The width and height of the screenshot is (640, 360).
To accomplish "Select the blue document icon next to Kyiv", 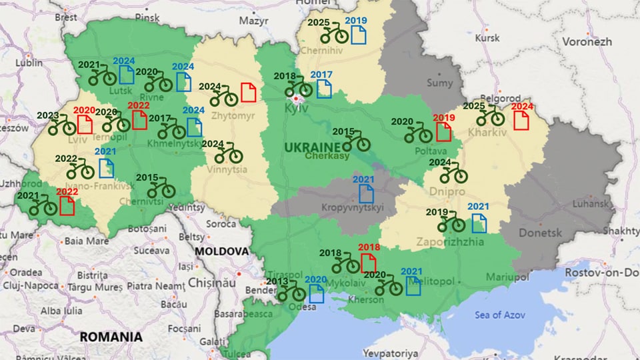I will pyautogui.click(x=324, y=89).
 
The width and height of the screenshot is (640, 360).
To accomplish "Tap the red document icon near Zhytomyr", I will pyautogui.click(x=248, y=92).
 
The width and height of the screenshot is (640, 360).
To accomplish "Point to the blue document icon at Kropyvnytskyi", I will pyautogui.click(x=366, y=193).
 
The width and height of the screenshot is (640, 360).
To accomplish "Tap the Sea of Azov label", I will pyautogui.click(x=498, y=315).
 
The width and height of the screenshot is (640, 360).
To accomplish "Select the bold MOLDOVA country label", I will pyautogui.click(x=222, y=251).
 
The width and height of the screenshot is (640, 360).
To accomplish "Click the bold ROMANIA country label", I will pyautogui.click(x=111, y=337).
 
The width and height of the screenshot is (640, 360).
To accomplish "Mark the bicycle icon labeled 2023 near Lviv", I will pyautogui.click(x=62, y=125).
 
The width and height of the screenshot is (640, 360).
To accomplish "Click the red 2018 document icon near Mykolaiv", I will pyautogui.click(x=368, y=263).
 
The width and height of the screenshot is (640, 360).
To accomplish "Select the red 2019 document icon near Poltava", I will pyautogui.click(x=443, y=131).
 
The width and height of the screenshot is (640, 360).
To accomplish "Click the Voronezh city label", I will pyautogui.click(x=587, y=41).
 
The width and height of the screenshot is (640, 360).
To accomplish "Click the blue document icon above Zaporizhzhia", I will pyautogui.click(x=479, y=223).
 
